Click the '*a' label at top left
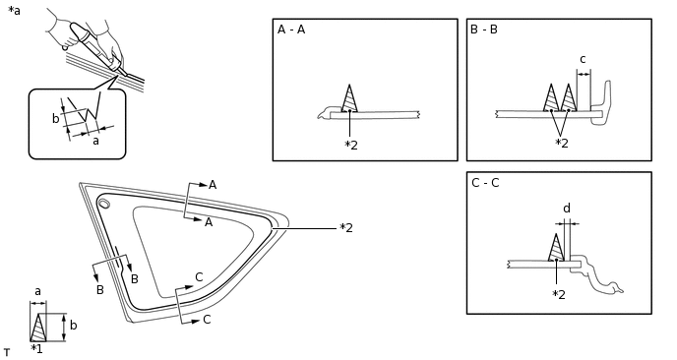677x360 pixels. pos(14,11)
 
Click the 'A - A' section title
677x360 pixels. pos(291,30)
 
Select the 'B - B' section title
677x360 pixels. pos(484,30)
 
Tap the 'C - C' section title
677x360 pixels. pos(484,183)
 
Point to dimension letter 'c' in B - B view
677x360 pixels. pos(582,59)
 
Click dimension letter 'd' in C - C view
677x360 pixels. pos(566,208)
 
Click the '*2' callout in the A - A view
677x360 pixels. pos(351,146)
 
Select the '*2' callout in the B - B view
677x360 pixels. pos(561,144)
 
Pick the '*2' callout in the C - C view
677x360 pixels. pos(559,294)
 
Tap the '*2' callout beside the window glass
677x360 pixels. pos(345,228)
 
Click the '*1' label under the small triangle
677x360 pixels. pos(36,348)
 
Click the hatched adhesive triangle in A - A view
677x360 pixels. pos(349,99)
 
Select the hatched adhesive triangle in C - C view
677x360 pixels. pos(557,248)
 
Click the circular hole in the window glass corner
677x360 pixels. pos(103,203)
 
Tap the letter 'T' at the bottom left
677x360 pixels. pos(6,352)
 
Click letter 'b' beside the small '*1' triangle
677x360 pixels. pos(73,325)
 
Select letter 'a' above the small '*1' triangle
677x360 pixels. pos(37,291)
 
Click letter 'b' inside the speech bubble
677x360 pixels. pos(55,119)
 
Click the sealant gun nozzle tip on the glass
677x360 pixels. pos(120,72)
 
